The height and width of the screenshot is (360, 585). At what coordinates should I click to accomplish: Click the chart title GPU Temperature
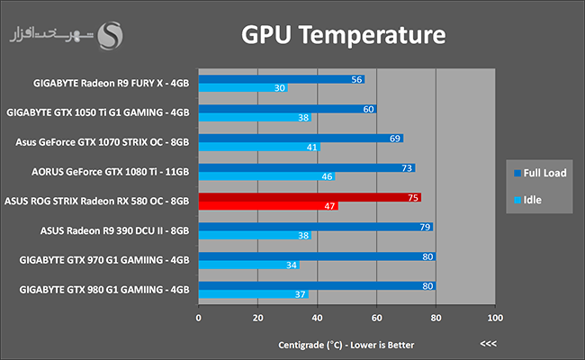[344, 36]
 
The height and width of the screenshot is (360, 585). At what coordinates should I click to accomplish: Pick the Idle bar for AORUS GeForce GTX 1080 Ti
[261, 176]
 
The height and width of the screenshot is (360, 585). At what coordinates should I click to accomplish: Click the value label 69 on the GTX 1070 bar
[396, 138]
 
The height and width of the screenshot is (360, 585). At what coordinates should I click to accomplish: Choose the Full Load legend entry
[540, 173]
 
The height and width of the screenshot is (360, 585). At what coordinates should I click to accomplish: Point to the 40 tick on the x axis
[317, 318]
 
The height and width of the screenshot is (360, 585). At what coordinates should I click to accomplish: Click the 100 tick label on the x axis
[494, 318]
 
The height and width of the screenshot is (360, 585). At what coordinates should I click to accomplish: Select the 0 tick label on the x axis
[199, 318]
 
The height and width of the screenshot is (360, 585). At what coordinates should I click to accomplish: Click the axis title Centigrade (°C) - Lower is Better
[346, 344]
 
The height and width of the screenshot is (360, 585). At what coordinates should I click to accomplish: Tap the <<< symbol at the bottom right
[489, 344]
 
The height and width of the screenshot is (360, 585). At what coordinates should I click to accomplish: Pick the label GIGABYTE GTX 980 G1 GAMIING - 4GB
[103, 290]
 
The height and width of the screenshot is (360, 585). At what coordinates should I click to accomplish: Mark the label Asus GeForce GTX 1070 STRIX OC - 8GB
[103, 142]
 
